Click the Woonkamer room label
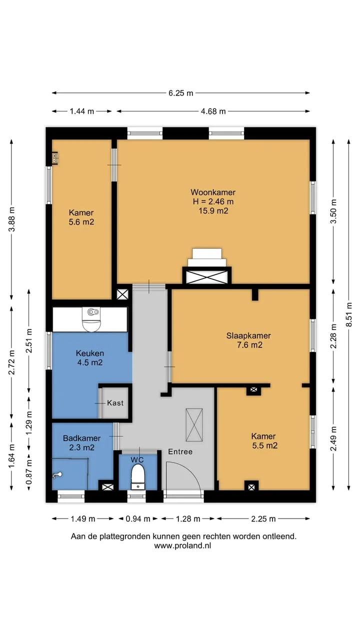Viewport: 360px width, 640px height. pyautogui.click(x=213, y=192)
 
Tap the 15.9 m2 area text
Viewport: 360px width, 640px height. pyautogui.click(x=213, y=211)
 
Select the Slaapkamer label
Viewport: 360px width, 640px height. pyautogui.click(x=248, y=335)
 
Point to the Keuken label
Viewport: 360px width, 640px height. pyautogui.click(x=89, y=353)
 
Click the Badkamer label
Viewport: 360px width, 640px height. pyautogui.click(x=81, y=438)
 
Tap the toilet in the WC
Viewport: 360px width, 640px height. pyautogui.click(x=138, y=476)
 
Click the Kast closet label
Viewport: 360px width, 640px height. pyautogui.click(x=115, y=403)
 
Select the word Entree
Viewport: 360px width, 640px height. pyautogui.click(x=180, y=451)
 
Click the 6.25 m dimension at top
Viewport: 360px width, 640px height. pyautogui.click(x=181, y=93)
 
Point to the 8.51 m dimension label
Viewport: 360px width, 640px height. pyautogui.click(x=349, y=314)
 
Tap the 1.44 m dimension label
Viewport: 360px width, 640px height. pyautogui.click(x=82, y=111)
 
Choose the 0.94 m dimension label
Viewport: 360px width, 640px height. pyautogui.click(x=138, y=518)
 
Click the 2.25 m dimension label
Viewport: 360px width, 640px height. pyautogui.click(x=263, y=518)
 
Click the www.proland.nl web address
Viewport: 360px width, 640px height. pyautogui.click(x=182, y=545)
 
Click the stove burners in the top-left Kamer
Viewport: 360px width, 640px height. pyautogui.click(x=55, y=158)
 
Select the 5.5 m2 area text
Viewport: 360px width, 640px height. pyautogui.click(x=265, y=445)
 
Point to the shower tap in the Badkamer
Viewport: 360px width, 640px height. pyautogui.click(x=57, y=475)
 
